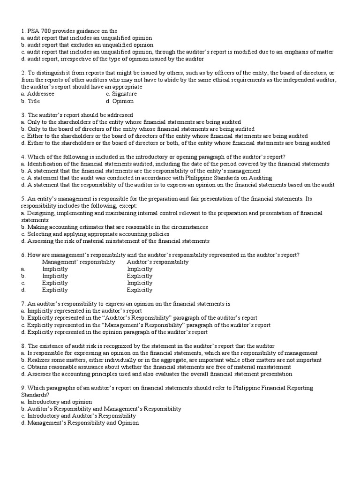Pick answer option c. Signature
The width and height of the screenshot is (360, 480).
tap(121, 94)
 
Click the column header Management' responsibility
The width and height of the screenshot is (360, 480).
tap(78, 262)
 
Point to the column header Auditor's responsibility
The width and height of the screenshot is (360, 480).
tap(157, 262)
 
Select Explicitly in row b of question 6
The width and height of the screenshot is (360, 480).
tap(139, 276)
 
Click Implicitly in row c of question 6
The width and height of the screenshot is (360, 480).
tap(139, 283)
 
